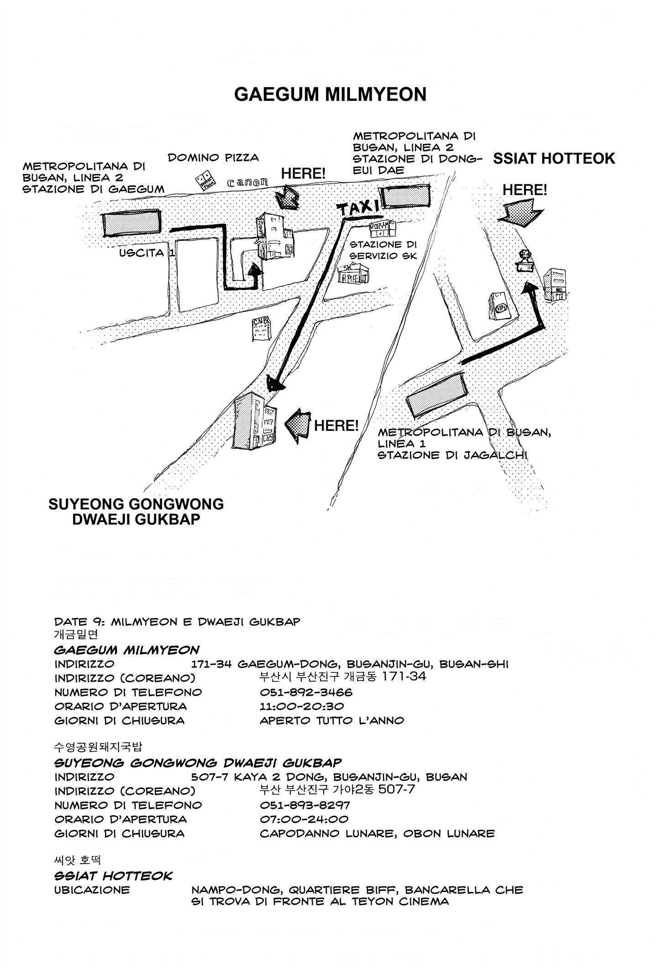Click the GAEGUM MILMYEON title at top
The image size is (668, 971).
(x=330, y=95)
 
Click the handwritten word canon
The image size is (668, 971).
(x=247, y=183)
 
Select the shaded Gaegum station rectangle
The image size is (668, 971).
(x=131, y=222)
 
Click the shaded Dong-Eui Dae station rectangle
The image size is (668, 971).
(x=405, y=196)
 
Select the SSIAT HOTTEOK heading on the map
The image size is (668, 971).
(x=554, y=158)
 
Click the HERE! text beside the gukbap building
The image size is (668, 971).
(x=336, y=426)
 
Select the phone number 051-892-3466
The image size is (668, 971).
(x=306, y=692)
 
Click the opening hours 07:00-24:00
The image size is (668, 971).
(x=304, y=819)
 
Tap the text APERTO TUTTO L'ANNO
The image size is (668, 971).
(x=332, y=720)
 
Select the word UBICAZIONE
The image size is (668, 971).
(x=92, y=890)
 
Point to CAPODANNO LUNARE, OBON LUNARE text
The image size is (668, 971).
(x=377, y=833)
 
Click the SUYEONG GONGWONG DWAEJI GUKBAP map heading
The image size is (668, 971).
(x=136, y=512)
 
